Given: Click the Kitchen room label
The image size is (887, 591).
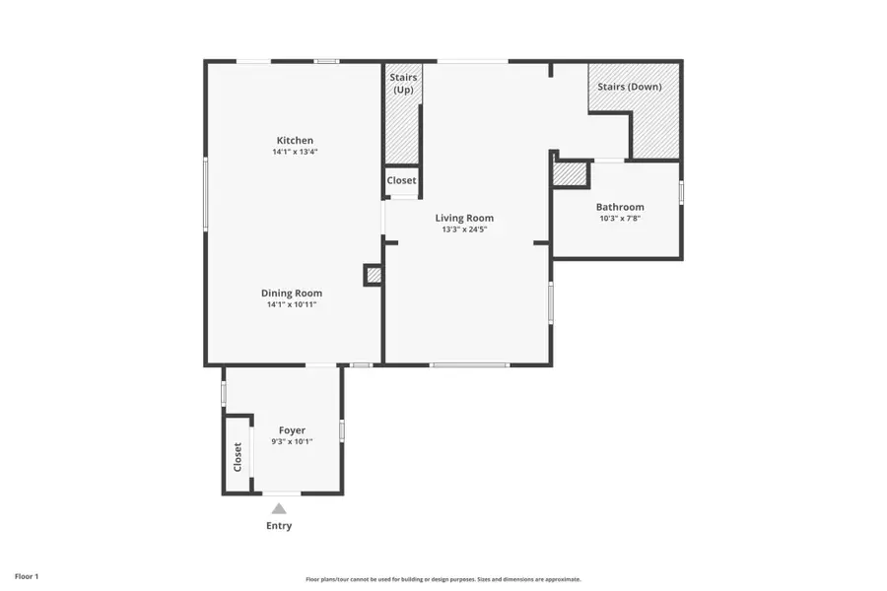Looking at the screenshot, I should click(x=295, y=141).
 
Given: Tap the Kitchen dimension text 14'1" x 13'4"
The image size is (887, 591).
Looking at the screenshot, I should click(x=295, y=153).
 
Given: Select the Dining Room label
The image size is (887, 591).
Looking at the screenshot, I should click(x=292, y=293).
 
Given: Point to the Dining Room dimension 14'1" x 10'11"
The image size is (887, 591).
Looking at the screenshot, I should click(x=292, y=304).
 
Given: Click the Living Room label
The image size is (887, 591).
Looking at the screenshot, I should click(x=464, y=218).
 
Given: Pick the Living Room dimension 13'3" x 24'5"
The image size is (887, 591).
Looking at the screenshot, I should click(x=464, y=230).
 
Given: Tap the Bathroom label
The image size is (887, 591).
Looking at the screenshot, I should click(x=620, y=207).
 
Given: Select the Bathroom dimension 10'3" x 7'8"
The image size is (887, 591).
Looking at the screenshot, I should click(x=620, y=219).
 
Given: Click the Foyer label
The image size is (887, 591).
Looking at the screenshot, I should click(x=292, y=430).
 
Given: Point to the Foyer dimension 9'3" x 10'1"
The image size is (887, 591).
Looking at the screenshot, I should click(x=292, y=441).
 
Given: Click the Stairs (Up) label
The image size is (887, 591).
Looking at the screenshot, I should click(x=402, y=83).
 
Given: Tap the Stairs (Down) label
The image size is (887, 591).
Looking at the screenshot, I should click(x=630, y=87).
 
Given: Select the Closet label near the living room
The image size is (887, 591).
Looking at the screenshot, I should click(x=401, y=180).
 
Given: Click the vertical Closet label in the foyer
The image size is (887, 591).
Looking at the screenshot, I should click(x=238, y=456).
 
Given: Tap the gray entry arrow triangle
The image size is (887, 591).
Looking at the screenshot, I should click(x=279, y=508).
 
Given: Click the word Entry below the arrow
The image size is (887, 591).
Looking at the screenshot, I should click(x=279, y=526).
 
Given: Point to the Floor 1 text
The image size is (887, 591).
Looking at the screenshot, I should click(x=27, y=575).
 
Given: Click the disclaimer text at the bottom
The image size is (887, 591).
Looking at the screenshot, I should click(x=443, y=579).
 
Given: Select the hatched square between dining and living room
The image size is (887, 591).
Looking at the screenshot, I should click(x=374, y=275).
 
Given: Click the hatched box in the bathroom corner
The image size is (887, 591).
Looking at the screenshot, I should click(x=570, y=174).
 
